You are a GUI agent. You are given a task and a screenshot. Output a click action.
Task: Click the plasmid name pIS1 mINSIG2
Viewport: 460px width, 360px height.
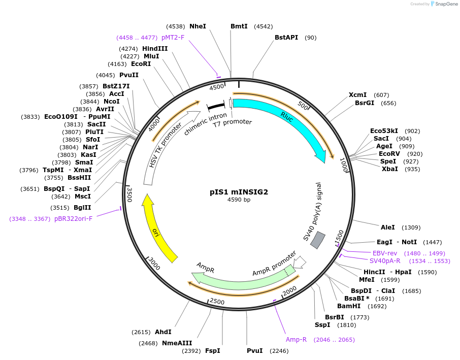239,192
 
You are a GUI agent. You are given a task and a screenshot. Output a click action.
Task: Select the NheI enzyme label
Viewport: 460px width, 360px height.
198,26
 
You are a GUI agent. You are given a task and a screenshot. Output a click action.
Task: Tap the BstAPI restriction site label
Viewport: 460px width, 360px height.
286,37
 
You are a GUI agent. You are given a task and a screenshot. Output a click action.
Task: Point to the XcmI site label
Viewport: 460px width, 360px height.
357,95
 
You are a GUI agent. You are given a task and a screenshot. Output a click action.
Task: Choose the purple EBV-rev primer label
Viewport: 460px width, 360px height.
385,253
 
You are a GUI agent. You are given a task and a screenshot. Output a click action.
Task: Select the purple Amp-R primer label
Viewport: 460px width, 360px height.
296,339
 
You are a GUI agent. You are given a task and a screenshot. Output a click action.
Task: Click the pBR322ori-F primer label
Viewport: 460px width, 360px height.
74,219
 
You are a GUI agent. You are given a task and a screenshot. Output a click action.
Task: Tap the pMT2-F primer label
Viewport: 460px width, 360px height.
173,37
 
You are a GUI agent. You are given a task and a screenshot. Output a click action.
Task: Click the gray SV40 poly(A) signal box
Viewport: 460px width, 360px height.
318,240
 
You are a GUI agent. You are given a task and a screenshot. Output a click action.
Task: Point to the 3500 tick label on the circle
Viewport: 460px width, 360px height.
129,194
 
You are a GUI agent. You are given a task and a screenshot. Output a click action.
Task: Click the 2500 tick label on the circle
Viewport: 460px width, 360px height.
217,302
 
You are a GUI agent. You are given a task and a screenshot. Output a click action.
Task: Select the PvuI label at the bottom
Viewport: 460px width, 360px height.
255,350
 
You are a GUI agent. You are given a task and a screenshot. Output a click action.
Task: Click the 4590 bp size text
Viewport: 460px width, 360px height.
239,200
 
